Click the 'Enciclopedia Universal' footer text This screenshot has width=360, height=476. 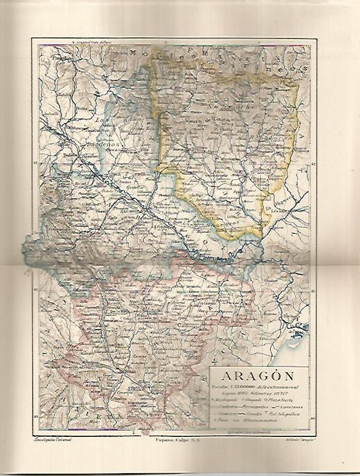tap(53, 437)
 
